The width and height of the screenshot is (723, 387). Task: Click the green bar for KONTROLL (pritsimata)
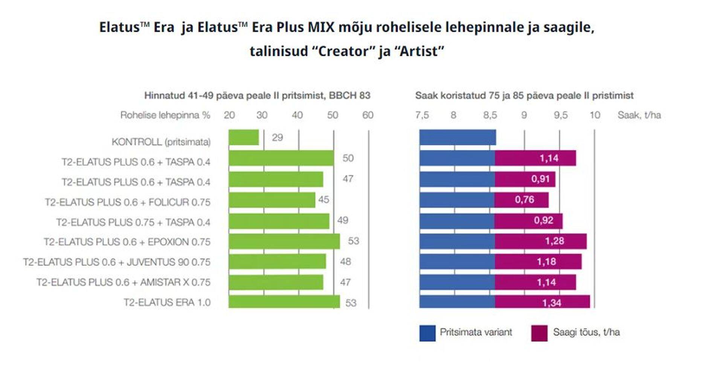[244, 137]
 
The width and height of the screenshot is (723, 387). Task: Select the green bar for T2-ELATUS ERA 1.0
[284, 302]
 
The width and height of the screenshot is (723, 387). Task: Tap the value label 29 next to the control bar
[278, 137]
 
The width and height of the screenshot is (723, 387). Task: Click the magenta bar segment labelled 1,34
[542, 302]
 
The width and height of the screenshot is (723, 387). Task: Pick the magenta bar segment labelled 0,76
[522, 200]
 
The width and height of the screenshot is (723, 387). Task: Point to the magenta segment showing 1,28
[540, 241]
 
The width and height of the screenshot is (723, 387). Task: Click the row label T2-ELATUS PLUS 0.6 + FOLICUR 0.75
[128, 202]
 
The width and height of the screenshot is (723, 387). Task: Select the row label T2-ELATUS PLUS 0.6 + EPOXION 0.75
[127, 242]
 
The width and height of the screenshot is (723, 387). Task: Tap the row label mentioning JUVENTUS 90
[117, 262]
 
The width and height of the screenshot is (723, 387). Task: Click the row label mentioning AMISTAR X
[124, 282]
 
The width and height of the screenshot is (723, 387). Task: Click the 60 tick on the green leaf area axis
[368, 115]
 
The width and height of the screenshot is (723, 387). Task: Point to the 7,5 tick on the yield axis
[422, 115]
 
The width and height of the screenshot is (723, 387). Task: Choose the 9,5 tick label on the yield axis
[560, 115]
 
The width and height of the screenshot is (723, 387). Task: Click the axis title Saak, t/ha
[639, 115]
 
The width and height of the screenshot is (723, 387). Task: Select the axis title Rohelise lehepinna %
[165, 115]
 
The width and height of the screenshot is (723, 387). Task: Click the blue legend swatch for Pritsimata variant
[427, 333]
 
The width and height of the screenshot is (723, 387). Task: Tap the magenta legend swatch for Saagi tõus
[539, 333]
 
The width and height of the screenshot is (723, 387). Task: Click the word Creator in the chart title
[346, 51]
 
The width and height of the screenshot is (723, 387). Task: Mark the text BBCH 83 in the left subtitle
[349, 96]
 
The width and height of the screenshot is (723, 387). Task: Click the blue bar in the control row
[458, 137]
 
